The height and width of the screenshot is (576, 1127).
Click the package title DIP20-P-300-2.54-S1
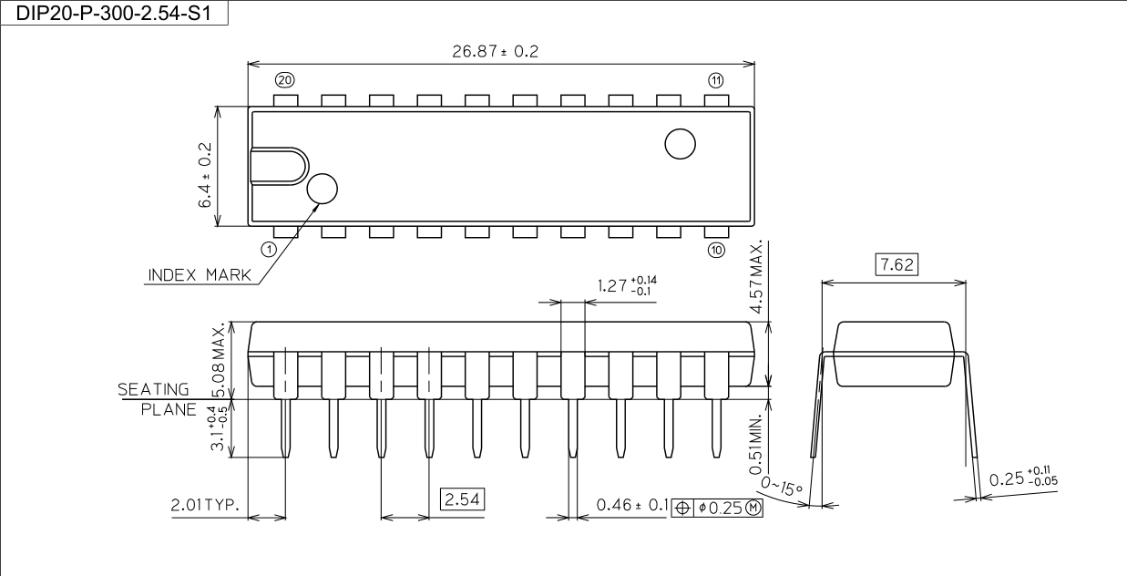tap(114, 13)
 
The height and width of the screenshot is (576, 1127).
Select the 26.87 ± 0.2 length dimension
tap(495, 51)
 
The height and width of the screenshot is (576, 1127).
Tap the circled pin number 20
tap(285, 80)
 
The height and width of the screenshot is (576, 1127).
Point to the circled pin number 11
tap(716, 80)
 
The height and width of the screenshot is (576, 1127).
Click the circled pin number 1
tap(269, 249)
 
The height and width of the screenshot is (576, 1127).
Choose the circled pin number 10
tap(716, 250)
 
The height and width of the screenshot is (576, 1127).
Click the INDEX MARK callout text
tap(200, 275)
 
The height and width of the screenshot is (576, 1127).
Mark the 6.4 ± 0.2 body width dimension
tap(205, 175)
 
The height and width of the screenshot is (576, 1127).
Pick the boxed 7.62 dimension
tap(896, 264)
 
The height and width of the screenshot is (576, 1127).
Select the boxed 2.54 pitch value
tap(463, 499)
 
